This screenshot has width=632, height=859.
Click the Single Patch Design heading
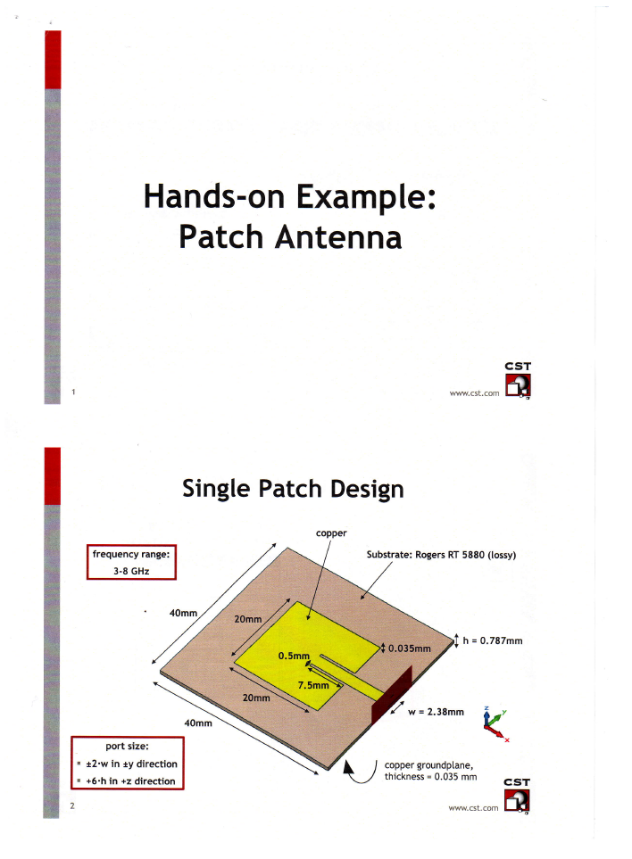click(293, 489)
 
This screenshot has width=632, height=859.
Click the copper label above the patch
click(330, 533)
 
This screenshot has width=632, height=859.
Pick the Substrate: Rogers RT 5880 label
click(442, 554)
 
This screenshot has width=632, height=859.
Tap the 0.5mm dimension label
click(293, 656)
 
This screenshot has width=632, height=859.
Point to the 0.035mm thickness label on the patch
click(410, 648)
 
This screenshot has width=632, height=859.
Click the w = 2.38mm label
click(437, 712)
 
